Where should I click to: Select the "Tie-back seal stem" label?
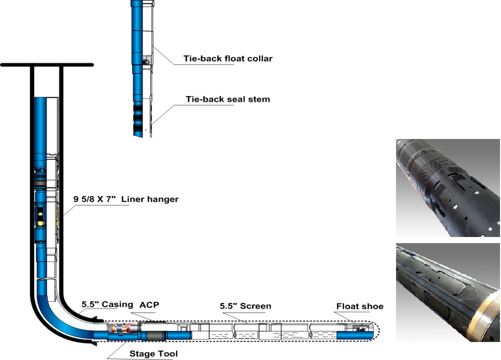point(227,99)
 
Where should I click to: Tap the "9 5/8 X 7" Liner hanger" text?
point(126,199)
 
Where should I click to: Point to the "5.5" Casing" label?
point(107,304)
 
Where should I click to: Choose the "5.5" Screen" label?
point(245,305)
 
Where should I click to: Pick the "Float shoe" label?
point(359,306)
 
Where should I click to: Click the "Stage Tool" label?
point(153,354)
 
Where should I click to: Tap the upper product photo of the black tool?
point(447,187)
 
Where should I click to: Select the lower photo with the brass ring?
point(447,292)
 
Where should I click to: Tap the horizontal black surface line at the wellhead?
point(47,65)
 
